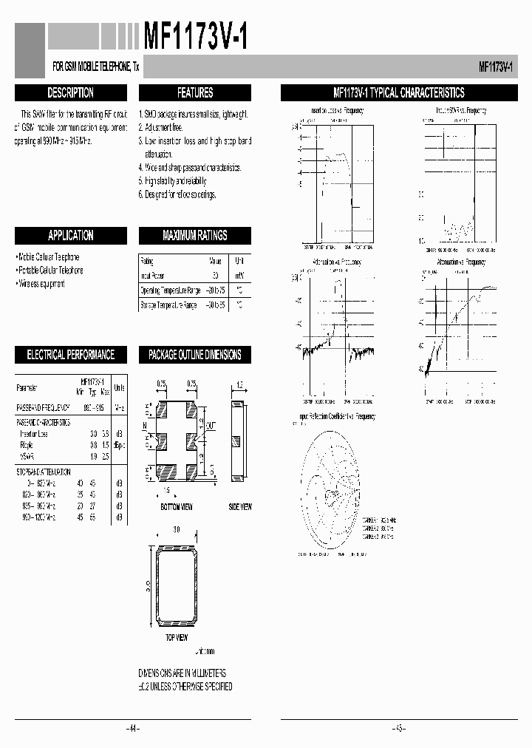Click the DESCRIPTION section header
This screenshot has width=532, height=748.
click(70, 93)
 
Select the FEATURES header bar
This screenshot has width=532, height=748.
click(195, 93)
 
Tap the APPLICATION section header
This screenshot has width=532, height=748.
click(70, 236)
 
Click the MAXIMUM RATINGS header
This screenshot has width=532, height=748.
click(195, 236)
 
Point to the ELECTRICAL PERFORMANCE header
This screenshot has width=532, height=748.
click(70, 355)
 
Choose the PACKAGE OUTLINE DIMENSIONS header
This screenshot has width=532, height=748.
click(195, 355)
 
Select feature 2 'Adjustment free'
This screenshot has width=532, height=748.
click(164, 127)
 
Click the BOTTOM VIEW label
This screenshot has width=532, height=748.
click(177, 507)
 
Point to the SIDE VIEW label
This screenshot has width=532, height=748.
click(239, 507)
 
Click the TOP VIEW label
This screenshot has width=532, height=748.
click(175, 637)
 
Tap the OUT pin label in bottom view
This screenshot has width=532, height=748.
click(211, 426)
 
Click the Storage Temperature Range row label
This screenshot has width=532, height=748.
click(168, 305)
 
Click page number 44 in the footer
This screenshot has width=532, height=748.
click(133, 729)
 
